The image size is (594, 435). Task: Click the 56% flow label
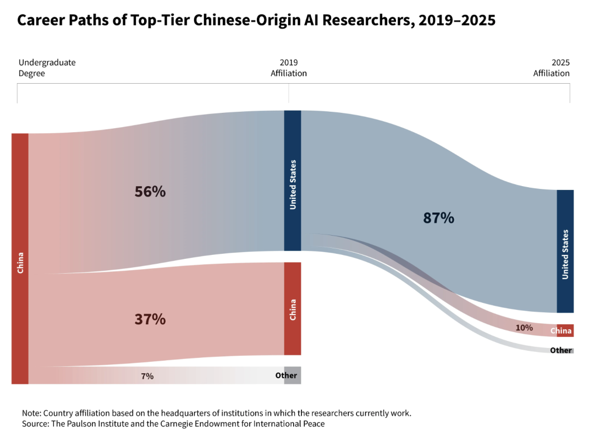(150, 192)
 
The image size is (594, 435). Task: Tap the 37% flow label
(150, 319)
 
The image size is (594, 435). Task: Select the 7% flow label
(147, 376)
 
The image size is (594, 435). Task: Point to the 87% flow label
(438, 218)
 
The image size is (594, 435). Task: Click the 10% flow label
(524, 328)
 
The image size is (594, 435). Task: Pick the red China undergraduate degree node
(20, 259)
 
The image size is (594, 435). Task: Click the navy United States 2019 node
(293, 181)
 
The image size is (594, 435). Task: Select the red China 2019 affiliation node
(293, 308)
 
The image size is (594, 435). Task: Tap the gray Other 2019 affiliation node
(292, 375)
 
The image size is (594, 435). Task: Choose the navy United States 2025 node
(565, 251)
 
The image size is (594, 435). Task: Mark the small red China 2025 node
(565, 330)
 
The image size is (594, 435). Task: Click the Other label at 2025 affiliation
(561, 350)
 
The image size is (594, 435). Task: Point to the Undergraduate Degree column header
(47, 68)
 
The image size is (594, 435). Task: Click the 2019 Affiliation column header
(289, 68)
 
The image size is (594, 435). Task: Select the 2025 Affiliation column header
(551, 68)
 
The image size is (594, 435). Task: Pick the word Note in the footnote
(31, 413)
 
